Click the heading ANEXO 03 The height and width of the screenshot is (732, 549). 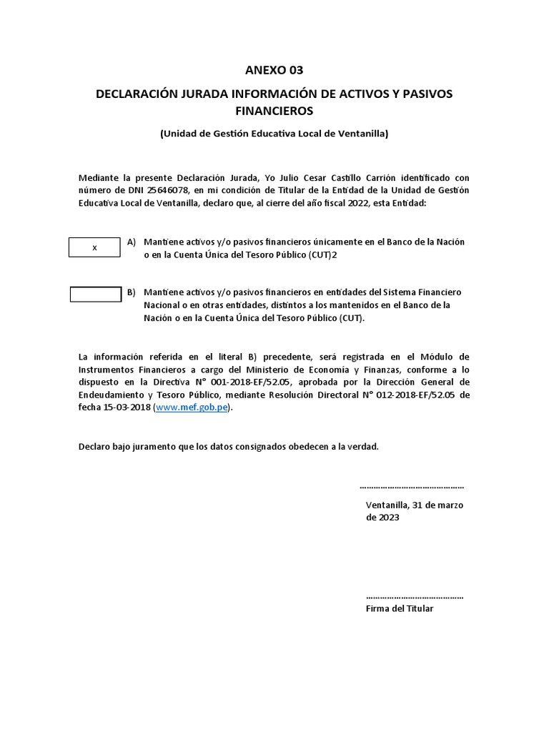tap(274, 70)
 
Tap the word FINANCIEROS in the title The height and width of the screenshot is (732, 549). tap(274, 112)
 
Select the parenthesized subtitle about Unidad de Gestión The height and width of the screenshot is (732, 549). tap(274, 134)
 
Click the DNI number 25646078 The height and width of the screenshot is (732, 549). tap(166, 189)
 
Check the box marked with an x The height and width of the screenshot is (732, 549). tap(95, 247)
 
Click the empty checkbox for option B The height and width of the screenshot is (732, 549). tap(95, 295)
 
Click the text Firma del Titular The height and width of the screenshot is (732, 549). tap(399, 608)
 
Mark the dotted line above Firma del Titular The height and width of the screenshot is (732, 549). tap(414, 596)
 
